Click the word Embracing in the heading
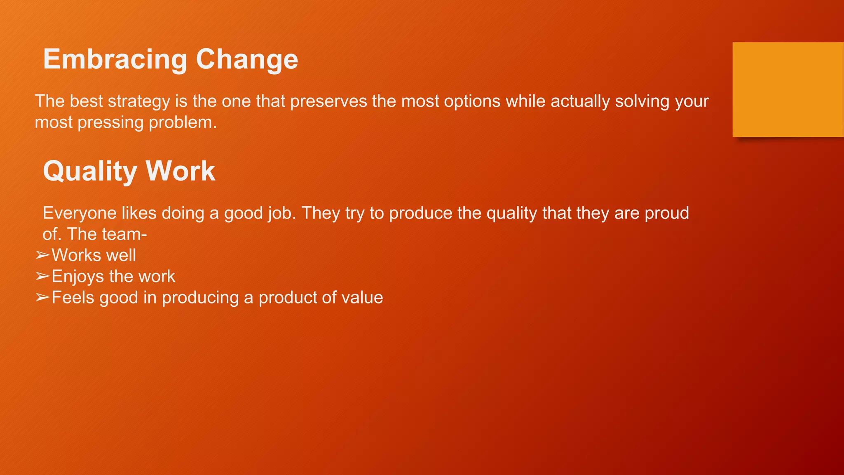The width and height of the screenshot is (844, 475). (115, 59)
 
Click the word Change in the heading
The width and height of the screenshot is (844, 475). (247, 59)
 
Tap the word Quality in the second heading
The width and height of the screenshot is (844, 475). (90, 172)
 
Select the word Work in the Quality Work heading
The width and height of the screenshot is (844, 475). (180, 171)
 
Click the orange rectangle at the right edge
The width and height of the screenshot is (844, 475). (788, 89)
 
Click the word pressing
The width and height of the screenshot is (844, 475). (110, 123)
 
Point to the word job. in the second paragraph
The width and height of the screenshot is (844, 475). (282, 214)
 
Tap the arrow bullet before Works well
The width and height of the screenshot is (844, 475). (42, 255)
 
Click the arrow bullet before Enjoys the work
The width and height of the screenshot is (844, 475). (42, 276)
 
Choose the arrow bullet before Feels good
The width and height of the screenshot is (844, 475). (42, 297)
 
